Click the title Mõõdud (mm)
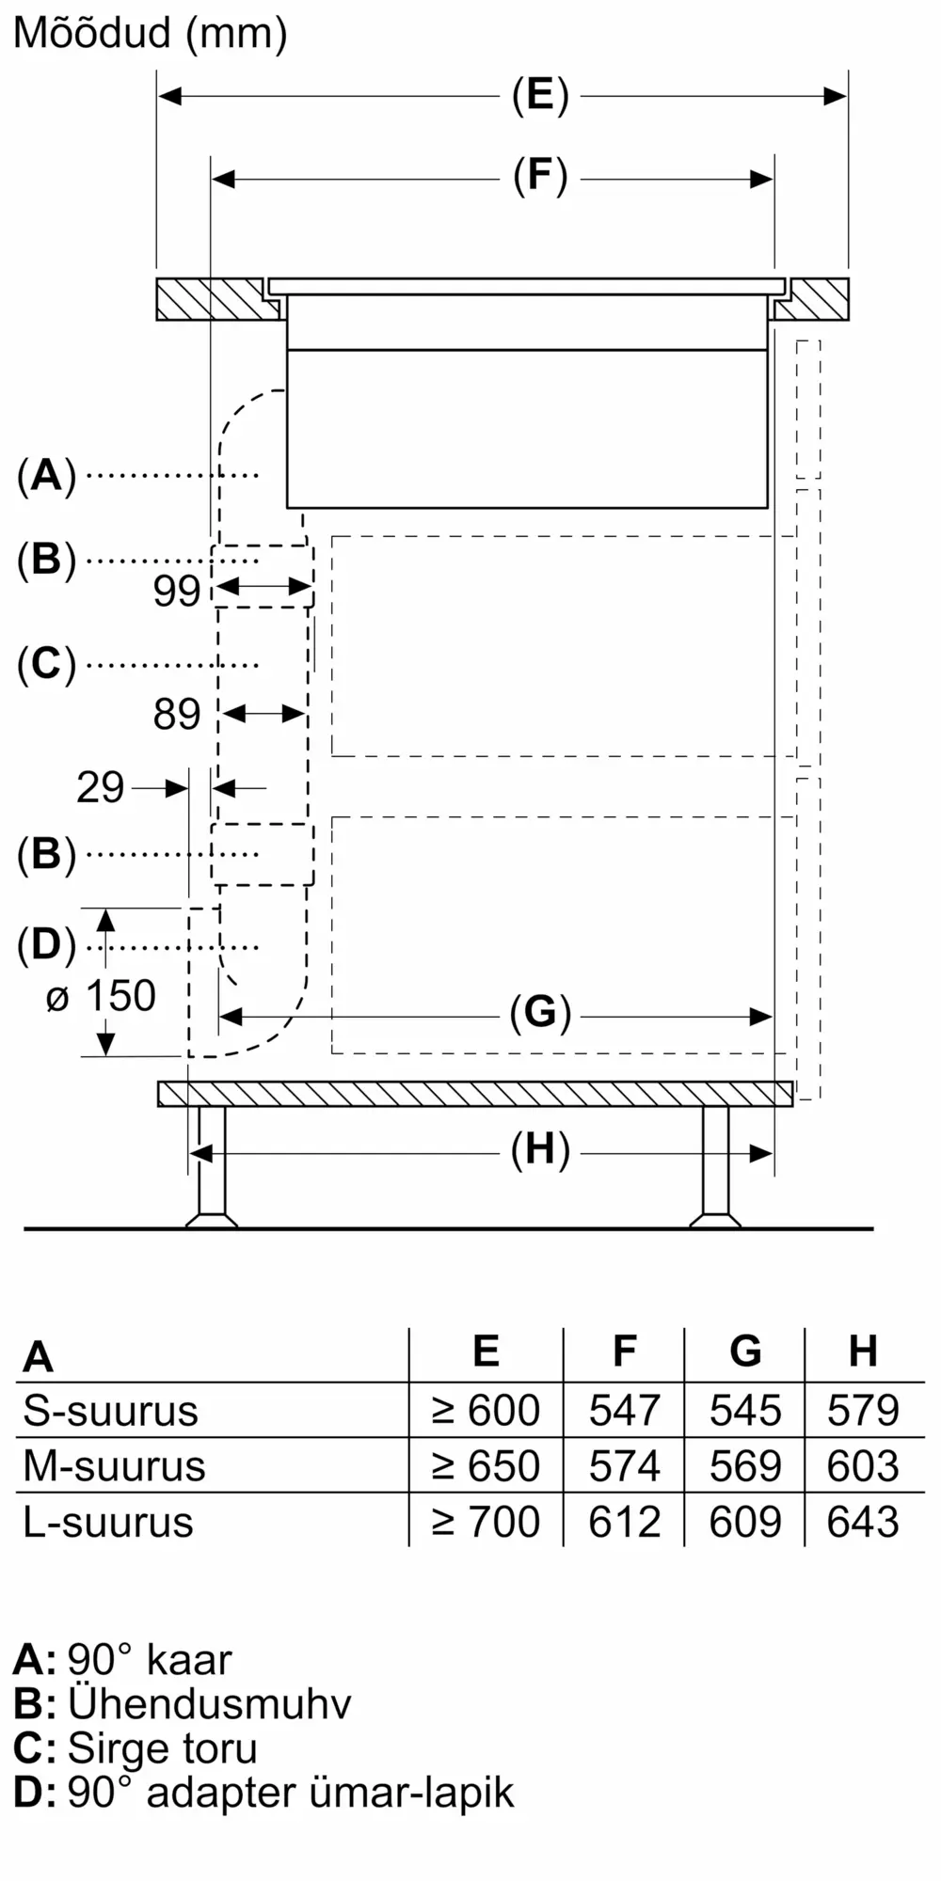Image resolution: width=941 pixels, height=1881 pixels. point(151,35)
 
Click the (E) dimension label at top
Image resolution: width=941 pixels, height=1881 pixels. point(540,95)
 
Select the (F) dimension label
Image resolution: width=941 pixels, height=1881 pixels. point(540,177)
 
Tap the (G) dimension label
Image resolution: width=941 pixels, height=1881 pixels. point(540,1014)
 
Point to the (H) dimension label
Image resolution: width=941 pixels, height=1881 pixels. point(540,1150)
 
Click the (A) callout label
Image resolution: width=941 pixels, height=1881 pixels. point(46,475)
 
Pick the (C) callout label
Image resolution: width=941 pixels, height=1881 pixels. point(46,664)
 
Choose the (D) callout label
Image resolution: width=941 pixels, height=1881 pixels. point(46,945)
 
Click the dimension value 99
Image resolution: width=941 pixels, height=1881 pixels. point(177,592)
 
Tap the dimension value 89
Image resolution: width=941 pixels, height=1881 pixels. point(177,715)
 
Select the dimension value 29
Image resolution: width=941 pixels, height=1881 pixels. point(100,787)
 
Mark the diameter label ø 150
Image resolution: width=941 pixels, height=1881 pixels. point(101,997)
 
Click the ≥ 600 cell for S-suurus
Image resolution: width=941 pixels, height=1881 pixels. point(486,1411)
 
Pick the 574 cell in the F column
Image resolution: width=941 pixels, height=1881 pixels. point(624,1466)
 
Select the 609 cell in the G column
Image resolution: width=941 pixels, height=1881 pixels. point(744,1522)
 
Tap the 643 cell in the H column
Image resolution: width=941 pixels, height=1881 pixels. point(863,1522)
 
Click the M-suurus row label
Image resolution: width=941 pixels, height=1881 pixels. point(114,1466)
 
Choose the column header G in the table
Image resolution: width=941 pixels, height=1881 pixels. point(744,1351)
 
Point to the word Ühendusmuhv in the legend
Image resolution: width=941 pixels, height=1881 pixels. point(209,1704)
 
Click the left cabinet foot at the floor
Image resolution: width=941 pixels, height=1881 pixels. point(211,1219)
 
